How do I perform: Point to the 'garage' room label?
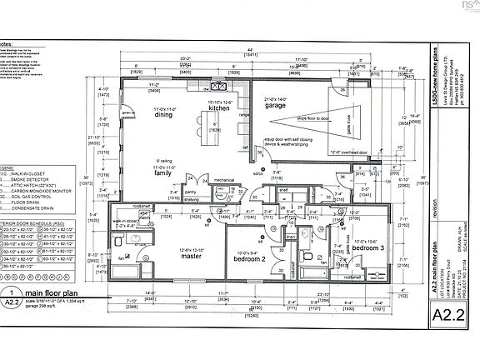[275, 107]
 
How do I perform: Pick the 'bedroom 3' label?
[367, 248]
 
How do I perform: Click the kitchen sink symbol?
[221, 85]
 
